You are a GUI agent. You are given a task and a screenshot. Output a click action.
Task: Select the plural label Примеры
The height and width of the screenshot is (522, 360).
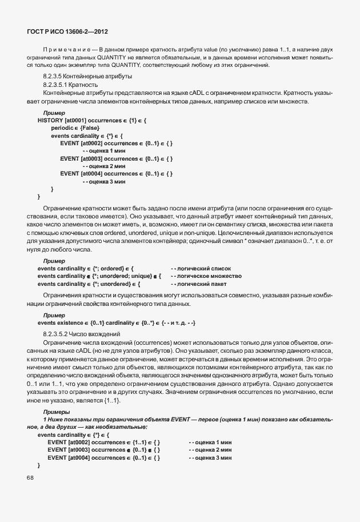pyautogui.click(x=56, y=412)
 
